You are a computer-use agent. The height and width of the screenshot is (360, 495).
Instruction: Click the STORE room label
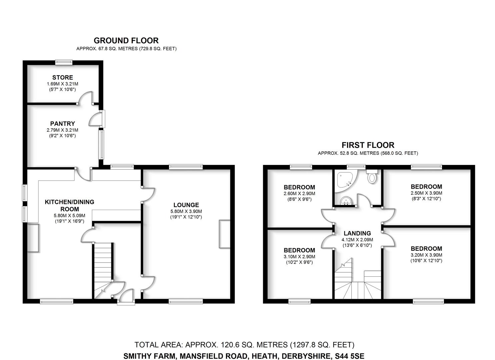pos(62,77)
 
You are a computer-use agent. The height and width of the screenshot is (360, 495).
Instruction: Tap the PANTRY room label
pos(62,124)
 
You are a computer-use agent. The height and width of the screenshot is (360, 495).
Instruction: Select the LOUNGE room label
pos(186,205)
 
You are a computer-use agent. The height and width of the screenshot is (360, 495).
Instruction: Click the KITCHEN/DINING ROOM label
pos(69,205)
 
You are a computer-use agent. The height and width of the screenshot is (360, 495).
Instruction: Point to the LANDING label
pos(357,233)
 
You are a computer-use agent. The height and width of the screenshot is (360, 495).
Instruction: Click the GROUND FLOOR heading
pos(126,41)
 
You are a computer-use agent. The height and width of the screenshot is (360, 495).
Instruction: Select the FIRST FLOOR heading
pos(368,145)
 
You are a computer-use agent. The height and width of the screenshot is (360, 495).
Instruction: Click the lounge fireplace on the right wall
pos(224,234)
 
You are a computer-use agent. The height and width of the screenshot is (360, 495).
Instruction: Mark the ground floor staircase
pos(103,263)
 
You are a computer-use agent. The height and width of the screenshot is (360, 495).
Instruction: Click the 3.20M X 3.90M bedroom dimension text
pos(426,255)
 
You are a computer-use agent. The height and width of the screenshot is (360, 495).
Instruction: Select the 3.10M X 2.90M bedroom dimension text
pos(299,257)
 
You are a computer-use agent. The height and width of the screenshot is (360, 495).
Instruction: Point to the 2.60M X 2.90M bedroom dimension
pos(299,194)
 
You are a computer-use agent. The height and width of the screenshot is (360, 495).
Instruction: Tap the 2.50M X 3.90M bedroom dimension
pos(426,193)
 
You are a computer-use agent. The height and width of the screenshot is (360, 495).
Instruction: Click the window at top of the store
pos(63,61)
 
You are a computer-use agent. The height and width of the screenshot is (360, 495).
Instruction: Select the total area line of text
pos(244,345)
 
